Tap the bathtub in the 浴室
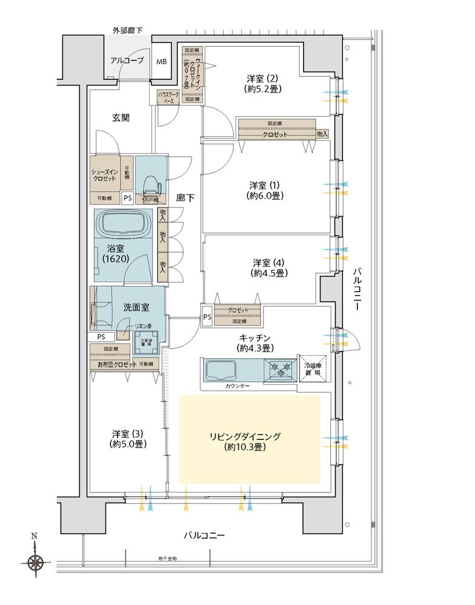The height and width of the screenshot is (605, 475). [x=124, y=223]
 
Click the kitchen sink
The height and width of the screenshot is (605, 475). [x=224, y=370]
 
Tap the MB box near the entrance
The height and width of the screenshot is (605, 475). [x=162, y=62]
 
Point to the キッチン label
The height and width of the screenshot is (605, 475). [x=254, y=342]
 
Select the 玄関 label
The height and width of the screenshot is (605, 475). [x=121, y=118]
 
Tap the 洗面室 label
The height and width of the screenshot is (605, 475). [x=136, y=307]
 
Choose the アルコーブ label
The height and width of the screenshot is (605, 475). [x=127, y=60]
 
